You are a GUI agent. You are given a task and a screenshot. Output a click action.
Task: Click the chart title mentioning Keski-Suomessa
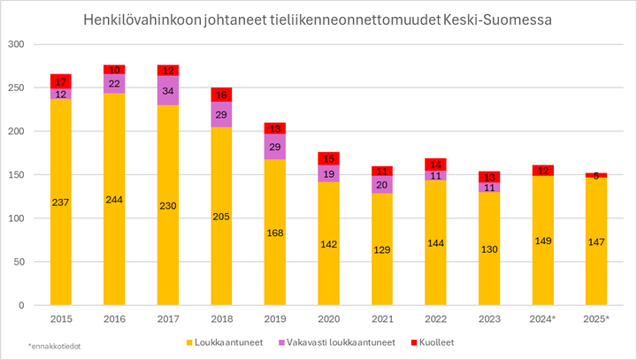click(318, 19)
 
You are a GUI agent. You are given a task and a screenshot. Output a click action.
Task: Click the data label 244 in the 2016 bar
click(113, 198)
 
